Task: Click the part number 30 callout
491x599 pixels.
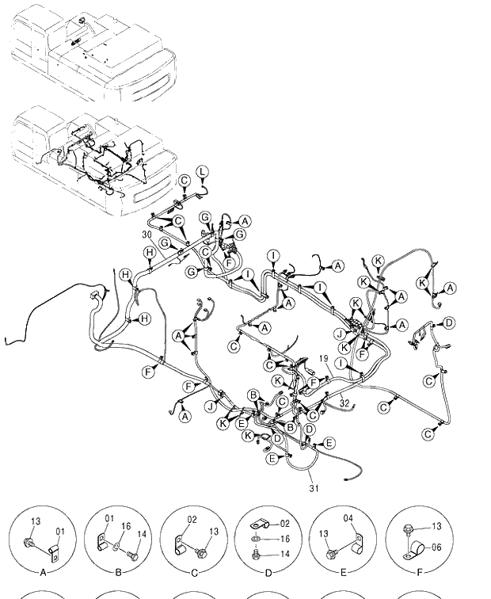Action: point(147,235)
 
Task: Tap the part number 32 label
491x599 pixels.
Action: point(344,403)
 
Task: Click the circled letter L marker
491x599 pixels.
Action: point(203,172)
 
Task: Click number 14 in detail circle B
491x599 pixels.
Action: point(142,535)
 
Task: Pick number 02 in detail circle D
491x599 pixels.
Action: point(286,524)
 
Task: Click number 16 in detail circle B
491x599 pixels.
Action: point(127,525)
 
